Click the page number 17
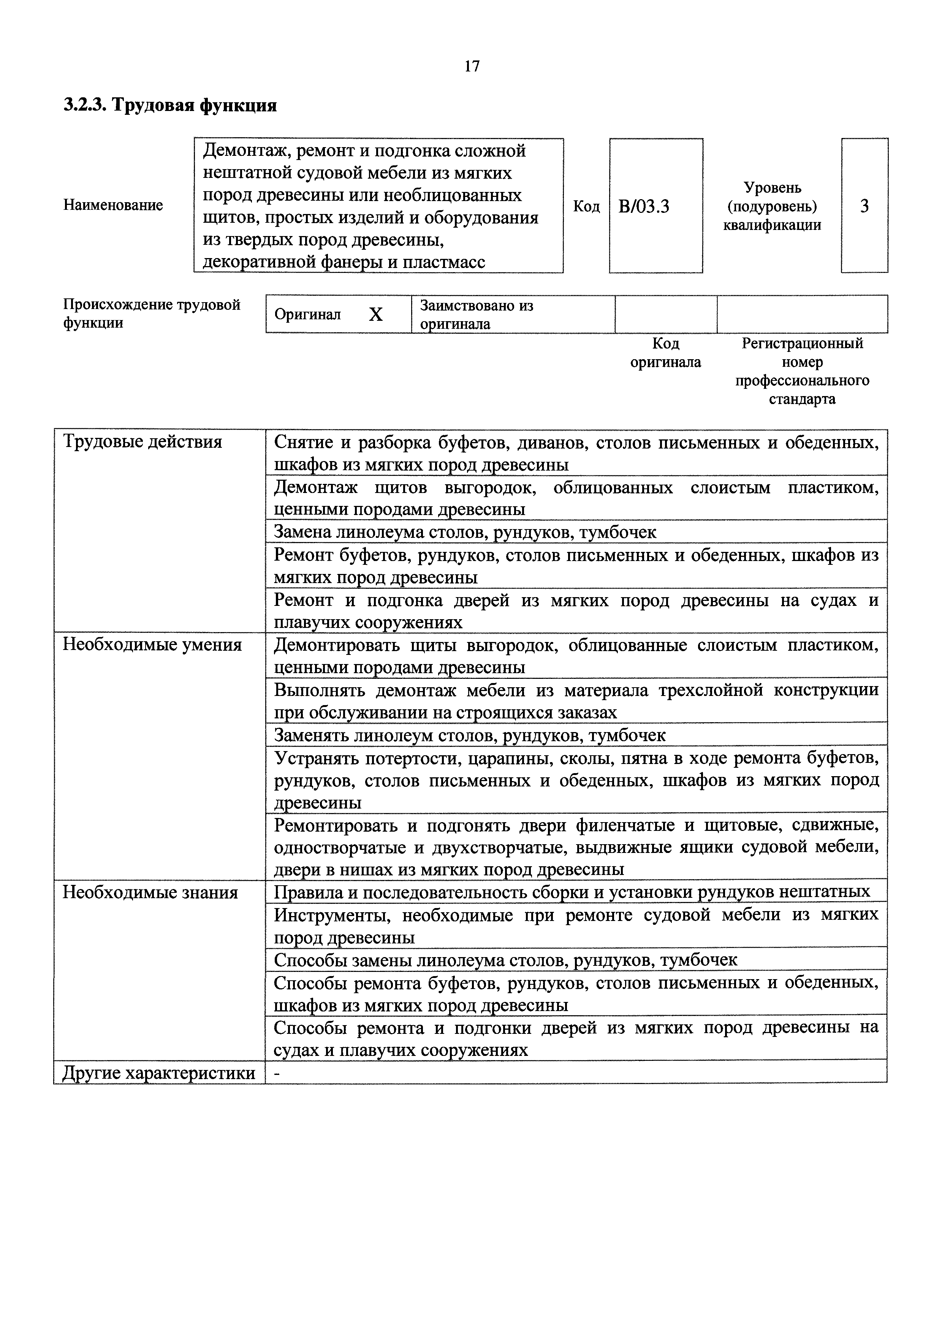pyautogui.click(x=472, y=66)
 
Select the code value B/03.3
pyautogui.click(x=644, y=206)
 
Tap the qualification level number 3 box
pyautogui.click(x=864, y=206)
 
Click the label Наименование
pyautogui.click(x=113, y=205)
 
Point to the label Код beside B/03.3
pyautogui.click(x=586, y=206)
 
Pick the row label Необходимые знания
pyautogui.click(x=150, y=892)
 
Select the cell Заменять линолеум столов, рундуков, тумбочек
pyautogui.click(x=469, y=735)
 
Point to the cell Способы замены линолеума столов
pyautogui.click(x=505, y=960)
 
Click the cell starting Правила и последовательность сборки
pyautogui.click(x=572, y=891)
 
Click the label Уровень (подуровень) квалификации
pyautogui.click(x=772, y=206)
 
